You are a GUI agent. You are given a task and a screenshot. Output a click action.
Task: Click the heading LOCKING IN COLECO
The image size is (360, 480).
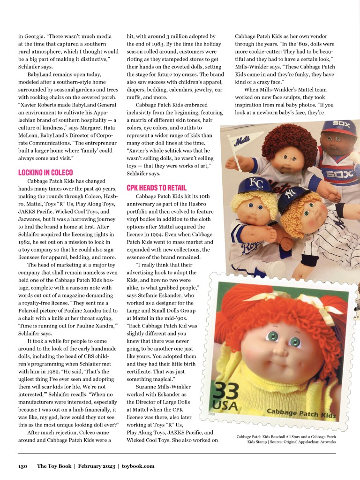(x=46, y=173)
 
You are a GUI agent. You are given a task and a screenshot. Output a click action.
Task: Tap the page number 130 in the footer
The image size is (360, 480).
(x=23, y=466)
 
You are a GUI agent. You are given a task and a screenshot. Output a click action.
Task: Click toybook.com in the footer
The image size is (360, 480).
(x=138, y=466)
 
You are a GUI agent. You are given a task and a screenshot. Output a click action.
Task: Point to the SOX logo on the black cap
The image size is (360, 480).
(x=341, y=124)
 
